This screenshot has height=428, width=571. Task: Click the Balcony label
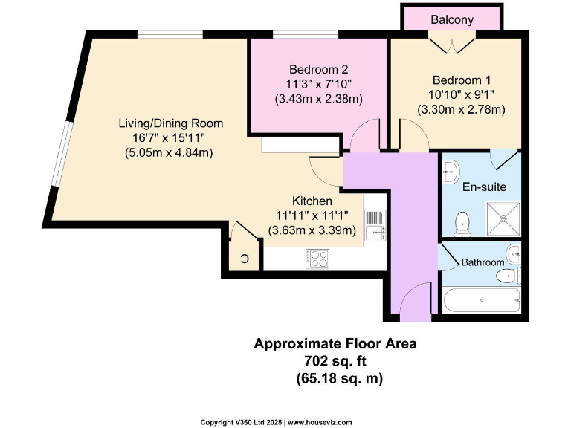pyautogui.click(x=451, y=20)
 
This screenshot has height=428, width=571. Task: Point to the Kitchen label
pyautogui.click(x=312, y=201)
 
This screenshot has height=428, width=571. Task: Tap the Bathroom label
pyautogui.click(x=483, y=262)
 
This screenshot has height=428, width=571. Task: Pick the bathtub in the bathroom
pyautogui.click(x=480, y=300)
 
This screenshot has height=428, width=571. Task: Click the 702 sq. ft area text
pyautogui.click(x=335, y=361)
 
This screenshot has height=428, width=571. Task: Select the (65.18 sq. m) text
pyautogui.click(x=335, y=378)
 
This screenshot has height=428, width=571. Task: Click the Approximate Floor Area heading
pyautogui.click(x=335, y=344)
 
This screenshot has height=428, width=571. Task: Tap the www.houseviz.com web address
pyautogui.click(x=320, y=422)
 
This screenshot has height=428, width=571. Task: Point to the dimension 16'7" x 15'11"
pyautogui.click(x=170, y=138)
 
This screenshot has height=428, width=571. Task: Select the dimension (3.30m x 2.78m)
pyautogui.click(x=461, y=109)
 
